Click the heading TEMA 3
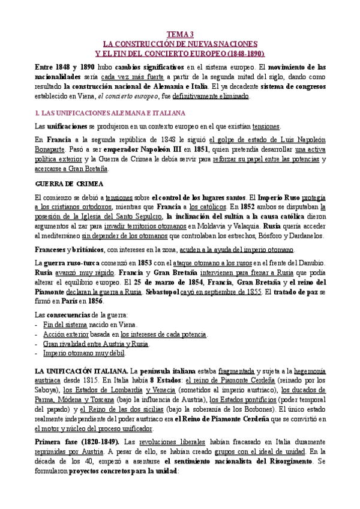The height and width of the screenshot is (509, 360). tap(180, 35)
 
